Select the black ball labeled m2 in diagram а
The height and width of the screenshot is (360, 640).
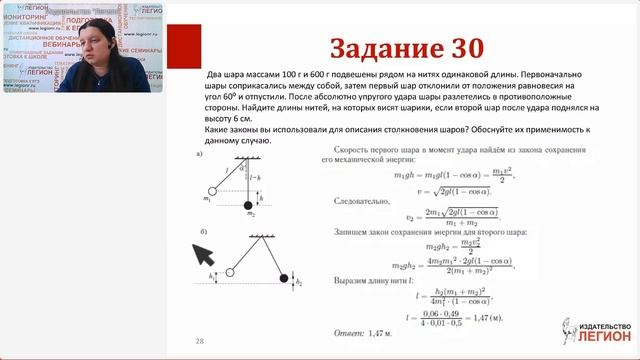[x=249, y=206]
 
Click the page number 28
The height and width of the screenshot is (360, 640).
[x=200, y=340]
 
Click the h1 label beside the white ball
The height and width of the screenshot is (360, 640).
[x=211, y=276]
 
